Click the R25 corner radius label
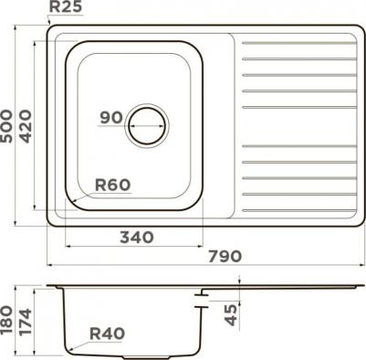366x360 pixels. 66,6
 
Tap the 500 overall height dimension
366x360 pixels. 6,126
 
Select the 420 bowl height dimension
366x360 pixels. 26,126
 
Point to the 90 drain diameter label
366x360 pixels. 111,118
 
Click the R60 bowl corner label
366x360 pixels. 112,185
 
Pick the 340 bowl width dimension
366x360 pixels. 137,238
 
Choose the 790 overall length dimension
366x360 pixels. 225,257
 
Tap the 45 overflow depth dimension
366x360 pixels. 232,315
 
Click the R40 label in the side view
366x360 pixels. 107,334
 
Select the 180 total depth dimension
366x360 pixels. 6,321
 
